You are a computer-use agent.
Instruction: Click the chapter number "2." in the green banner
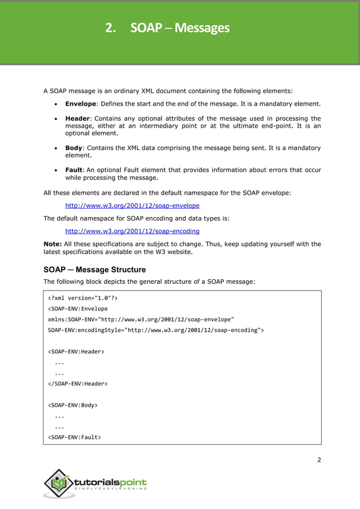(111, 27)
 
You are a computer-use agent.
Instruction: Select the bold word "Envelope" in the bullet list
(81, 104)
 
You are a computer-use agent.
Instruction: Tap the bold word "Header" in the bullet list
(78, 119)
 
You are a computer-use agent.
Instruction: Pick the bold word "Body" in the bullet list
(73, 148)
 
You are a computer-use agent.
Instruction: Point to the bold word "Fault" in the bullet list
(74, 170)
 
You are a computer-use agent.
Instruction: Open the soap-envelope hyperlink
(132, 206)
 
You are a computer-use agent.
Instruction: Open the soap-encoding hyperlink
(132, 231)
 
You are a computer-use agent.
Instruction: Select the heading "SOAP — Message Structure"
(95, 270)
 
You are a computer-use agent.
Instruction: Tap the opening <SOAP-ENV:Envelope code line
(78, 309)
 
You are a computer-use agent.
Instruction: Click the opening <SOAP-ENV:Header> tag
(76, 352)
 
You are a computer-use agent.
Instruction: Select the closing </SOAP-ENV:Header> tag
(78, 383)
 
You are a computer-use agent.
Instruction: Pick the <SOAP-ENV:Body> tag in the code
(73, 405)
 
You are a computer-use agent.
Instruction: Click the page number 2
(319, 460)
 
